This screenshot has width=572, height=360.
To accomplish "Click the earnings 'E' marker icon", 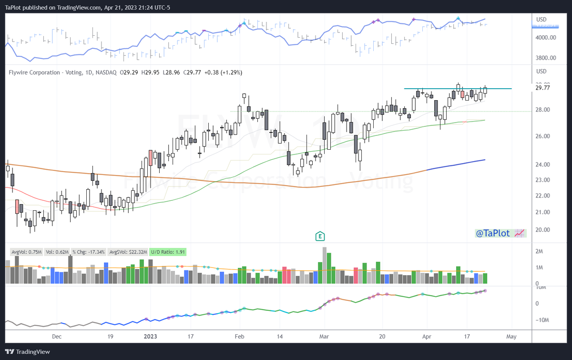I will click(x=320, y=236).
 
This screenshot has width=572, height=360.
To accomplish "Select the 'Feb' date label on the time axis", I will click(x=240, y=336).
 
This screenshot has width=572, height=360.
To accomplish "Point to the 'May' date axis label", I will click(x=511, y=336).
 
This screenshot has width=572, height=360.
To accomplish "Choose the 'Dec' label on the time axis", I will click(x=57, y=336).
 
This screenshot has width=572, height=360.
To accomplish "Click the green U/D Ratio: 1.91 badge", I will click(x=168, y=251).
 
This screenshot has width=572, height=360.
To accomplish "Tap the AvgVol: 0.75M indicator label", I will click(x=26, y=251).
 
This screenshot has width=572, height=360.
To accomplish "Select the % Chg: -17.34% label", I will click(x=90, y=251).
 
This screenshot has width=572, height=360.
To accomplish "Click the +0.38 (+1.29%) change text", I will click(x=223, y=72).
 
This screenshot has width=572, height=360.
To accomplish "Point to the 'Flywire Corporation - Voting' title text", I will click(x=42, y=72).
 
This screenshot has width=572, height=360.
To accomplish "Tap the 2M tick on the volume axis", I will click(x=540, y=251).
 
